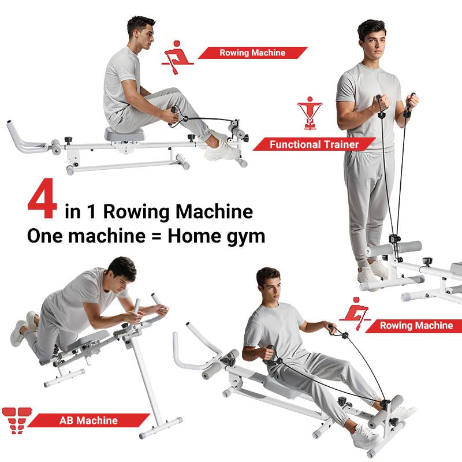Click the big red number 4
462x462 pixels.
tap(42, 198)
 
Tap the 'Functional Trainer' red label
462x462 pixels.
tap(314, 144)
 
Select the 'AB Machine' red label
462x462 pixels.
tap(88, 420)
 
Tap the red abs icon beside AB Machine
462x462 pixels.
tap(17, 420)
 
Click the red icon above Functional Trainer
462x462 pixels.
tap(310, 113)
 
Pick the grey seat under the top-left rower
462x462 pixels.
tap(124, 134)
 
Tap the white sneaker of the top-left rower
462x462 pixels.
tap(221, 150)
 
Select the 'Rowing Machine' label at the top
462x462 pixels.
tap(252, 53)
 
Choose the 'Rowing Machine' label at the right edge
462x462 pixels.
tap(416, 326)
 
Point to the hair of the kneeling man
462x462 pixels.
tap(122, 267)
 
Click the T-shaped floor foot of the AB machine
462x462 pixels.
tap(161, 428)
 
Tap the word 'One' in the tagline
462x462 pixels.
tap(44, 236)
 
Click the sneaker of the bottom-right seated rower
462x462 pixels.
tap(366, 436)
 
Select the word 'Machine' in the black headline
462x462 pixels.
tap(214, 211)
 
